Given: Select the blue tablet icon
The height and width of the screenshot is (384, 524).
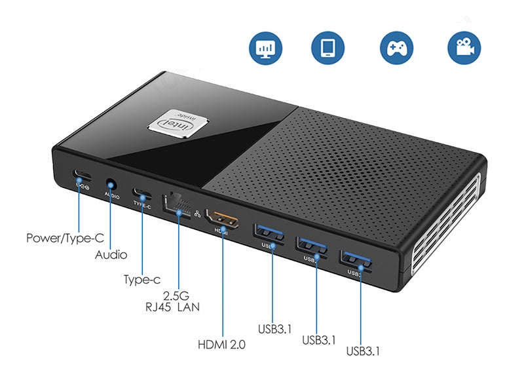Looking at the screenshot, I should [328, 48].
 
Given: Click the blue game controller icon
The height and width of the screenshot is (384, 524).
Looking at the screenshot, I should [396, 48].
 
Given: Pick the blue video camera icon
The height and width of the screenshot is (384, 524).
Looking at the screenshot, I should [464, 48].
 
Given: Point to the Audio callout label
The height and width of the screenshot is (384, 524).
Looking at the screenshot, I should [111, 255].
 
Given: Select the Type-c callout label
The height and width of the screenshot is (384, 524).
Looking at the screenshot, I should [142, 280].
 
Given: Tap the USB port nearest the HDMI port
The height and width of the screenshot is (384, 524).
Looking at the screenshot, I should [268, 233].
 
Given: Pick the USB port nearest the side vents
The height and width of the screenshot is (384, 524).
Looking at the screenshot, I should [356, 258].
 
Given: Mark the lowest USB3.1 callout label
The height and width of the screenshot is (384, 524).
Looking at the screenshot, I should [364, 351].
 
